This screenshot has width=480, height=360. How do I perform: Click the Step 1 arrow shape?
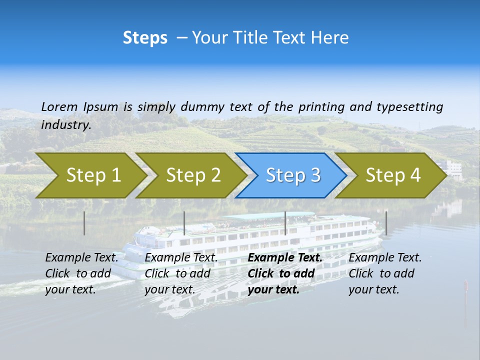pos(90,175)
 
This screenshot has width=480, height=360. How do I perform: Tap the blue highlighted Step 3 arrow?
pos(292,175)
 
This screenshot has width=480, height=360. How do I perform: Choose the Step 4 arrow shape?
pos(392,175)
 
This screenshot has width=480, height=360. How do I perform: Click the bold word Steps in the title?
pos(145,38)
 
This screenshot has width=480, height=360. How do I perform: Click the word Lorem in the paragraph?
pos(59,106)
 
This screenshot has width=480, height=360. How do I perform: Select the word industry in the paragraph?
pos(65,124)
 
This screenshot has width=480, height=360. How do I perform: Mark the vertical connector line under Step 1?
pos(84,223)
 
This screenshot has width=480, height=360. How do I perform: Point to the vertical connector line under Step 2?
pos(184,223)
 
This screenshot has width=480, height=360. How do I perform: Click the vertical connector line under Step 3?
pos(285,223)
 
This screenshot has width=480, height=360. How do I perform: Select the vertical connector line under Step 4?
pos(386,223)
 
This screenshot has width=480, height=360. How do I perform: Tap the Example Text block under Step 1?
pos(81,273)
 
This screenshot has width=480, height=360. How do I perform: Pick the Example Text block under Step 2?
pos(180,273)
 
